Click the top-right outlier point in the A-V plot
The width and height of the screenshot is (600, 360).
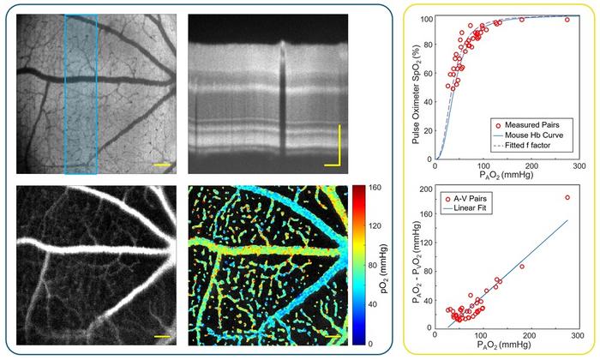click(x=567, y=198)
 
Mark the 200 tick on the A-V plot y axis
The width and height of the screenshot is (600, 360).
click(x=426, y=189)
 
